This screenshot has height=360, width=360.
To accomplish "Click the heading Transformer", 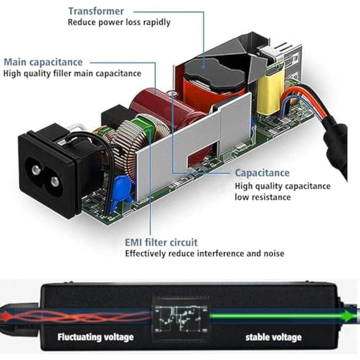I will click(96, 11).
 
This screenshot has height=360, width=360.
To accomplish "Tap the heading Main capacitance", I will click(43, 62).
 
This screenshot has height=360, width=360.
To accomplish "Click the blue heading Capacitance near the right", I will click(262, 173).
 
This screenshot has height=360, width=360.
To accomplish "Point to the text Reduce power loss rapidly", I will click(119, 22).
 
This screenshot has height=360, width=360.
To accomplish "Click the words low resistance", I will click(263, 197).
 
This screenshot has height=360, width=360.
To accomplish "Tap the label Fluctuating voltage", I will click(95, 337).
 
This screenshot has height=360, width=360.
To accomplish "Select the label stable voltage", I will click(273, 337).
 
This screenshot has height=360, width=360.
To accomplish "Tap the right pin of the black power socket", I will click(54, 181).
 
